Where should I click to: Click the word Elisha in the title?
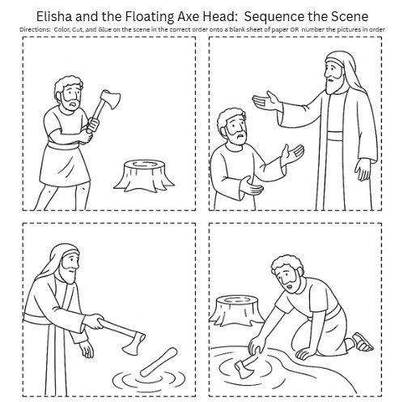click(x=54, y=16)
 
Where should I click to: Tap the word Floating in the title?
click(x=150, y=17)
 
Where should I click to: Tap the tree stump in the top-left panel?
click(x=144, y=176)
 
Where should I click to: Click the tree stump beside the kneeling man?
click(x=237, y=310)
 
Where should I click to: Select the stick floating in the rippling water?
click(x=159, y=362)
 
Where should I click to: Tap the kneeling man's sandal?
click(x=362, y=342)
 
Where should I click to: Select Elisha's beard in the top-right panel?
click(x=333, y=82)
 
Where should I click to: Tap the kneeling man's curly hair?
click(x=287, y=265)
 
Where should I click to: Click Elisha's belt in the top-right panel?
click(x=336, y=135)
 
